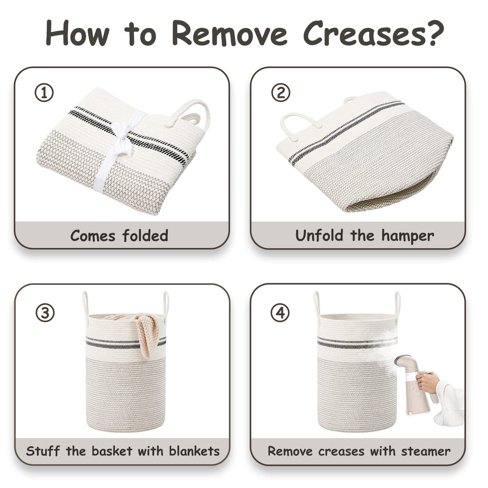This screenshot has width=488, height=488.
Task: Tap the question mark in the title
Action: pyautogui.click(x=435, y=33)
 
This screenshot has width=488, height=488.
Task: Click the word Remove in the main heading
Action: pyautogui.click(x=229, y=33)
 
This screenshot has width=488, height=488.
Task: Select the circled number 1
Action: pyautogui.click(x=44, y=93)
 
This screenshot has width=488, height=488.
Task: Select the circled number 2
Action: pyautogui.click(x=280, y=93)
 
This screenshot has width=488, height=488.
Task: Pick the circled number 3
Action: pyautogui.click(x=45, y=312)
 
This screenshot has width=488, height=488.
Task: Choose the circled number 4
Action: pyautogui.click(x=280, y=312)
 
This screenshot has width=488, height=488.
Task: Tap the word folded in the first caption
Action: pyautogui.click(x=145, y=235)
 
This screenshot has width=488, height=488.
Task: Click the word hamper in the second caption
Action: pyautogui.click(x=408, y=236)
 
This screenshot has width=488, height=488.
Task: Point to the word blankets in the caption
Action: pyautogui.click(x=194, y=451)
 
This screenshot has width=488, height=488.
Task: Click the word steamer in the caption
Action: pyautogui.click(x=426, y=451)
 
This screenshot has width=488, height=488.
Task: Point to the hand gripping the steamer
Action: pyautogui.click(x=428, y=383)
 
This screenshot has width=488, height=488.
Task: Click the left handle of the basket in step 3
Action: pyautogui.click(x=85, y=304)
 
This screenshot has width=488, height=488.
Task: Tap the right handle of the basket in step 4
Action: pyautogui.click(x=397, y=304)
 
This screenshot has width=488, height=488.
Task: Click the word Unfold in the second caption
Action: pyautogui.click(x=319, y=235)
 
